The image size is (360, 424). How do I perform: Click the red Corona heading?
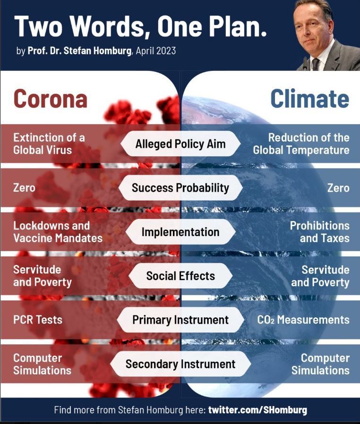[x=50, y=99]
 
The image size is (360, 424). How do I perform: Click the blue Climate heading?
[x=310, y=99]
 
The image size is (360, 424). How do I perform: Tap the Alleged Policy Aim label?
[x=180, y=144]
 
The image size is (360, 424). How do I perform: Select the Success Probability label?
[x=180, y=187]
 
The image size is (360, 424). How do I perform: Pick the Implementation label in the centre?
[x=180, y=232]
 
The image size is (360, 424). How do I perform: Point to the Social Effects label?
[x=180, y=276]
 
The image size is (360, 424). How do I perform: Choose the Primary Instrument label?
[x=180, y=320]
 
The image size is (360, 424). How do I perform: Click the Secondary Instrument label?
[x=180, y=364]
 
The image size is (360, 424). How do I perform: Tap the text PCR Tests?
[x=38, y=320]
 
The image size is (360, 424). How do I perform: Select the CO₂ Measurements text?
[x=303, y=320]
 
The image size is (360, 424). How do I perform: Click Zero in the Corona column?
[x=25, y=187]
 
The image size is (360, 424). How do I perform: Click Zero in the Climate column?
[x=338, y=187]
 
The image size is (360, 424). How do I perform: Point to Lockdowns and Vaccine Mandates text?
[x=58, y=232]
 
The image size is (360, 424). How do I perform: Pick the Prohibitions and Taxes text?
[x=320, y=232]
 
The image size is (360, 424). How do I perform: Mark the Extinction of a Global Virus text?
[x=49, y=144]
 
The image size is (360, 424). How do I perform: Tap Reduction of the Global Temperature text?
[x=301, y=144]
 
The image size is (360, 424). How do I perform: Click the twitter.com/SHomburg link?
[x=257, y=410]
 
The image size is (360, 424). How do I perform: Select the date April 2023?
[x=156, y=51]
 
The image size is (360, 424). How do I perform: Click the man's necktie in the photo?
[x=315, y=64]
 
